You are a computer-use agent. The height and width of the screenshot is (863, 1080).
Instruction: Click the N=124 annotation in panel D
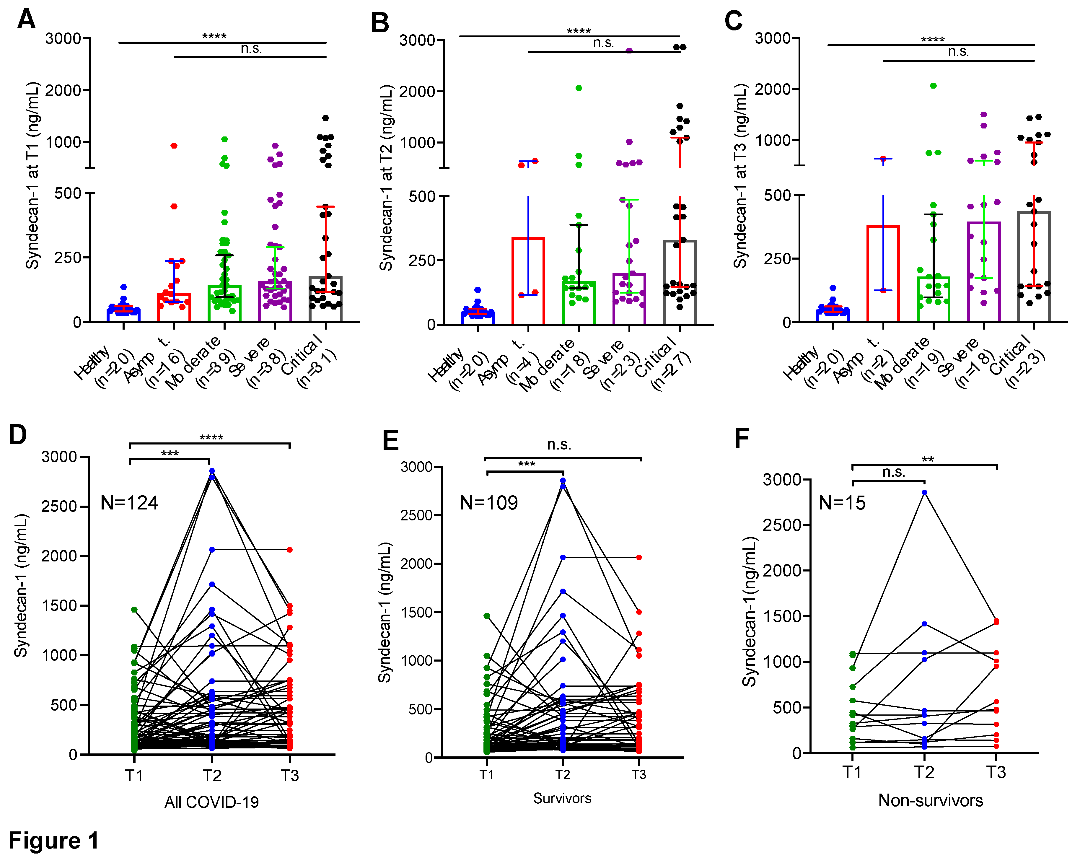pyautogui.click(x=129, y=503)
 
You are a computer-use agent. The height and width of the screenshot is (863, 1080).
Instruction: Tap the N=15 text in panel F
pyautogui.click(x=842, y=503)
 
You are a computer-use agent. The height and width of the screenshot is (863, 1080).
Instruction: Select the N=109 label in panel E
pyautogui.click(x=488, y=503)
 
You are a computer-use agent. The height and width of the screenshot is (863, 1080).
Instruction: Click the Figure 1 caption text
pyautogui.click(x=53, y=841)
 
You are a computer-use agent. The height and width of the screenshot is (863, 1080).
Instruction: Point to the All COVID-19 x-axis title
pyautogui.click(x=211, y=802)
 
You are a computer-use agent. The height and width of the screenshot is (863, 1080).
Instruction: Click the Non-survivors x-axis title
pyautogui.click(x=930, y=800)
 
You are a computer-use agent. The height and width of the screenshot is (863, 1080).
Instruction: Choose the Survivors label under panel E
pyautogui.click(x=562, y=798)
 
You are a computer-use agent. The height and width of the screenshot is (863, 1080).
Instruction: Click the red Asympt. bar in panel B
pyautogui.click(x=528, y=281)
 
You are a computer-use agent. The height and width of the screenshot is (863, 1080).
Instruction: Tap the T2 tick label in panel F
pyautogui.click(x=924, y=772)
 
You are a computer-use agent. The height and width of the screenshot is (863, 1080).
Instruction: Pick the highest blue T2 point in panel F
pyautogui.click(x=924, y=492)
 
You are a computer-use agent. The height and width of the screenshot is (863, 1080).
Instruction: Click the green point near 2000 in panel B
pyautogui.click(x=579, y=88)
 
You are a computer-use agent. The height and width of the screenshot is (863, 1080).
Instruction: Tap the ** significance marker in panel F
pyautogui.click(x=927, y=459)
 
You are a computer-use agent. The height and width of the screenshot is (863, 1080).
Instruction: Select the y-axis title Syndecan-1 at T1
pyautogui.click(x=32, y=175)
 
